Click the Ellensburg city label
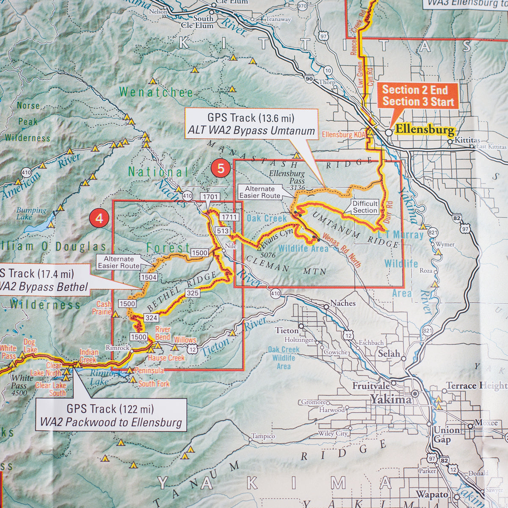coord(425,130)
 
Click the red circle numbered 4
coord(99,219)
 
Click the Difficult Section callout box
coord(365,207)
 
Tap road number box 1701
coord(210,196)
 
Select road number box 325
coord(192,293)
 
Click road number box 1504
coord(149,277)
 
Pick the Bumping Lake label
coord(31,213)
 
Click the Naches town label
coord(342,303)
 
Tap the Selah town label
coord(389,353)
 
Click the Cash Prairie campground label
coord(104,308)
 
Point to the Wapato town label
coord(432,494)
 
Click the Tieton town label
coord(287,330)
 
